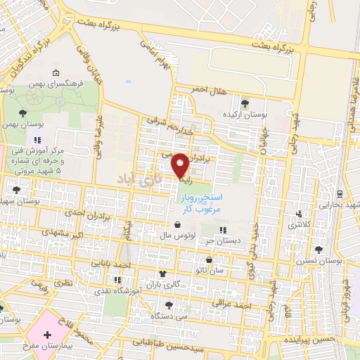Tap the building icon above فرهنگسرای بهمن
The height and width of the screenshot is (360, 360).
[56, 73]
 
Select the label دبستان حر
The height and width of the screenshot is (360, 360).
[218, 240]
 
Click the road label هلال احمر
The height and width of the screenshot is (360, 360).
[210, 89]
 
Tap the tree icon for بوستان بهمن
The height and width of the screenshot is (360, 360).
[22, 112]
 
